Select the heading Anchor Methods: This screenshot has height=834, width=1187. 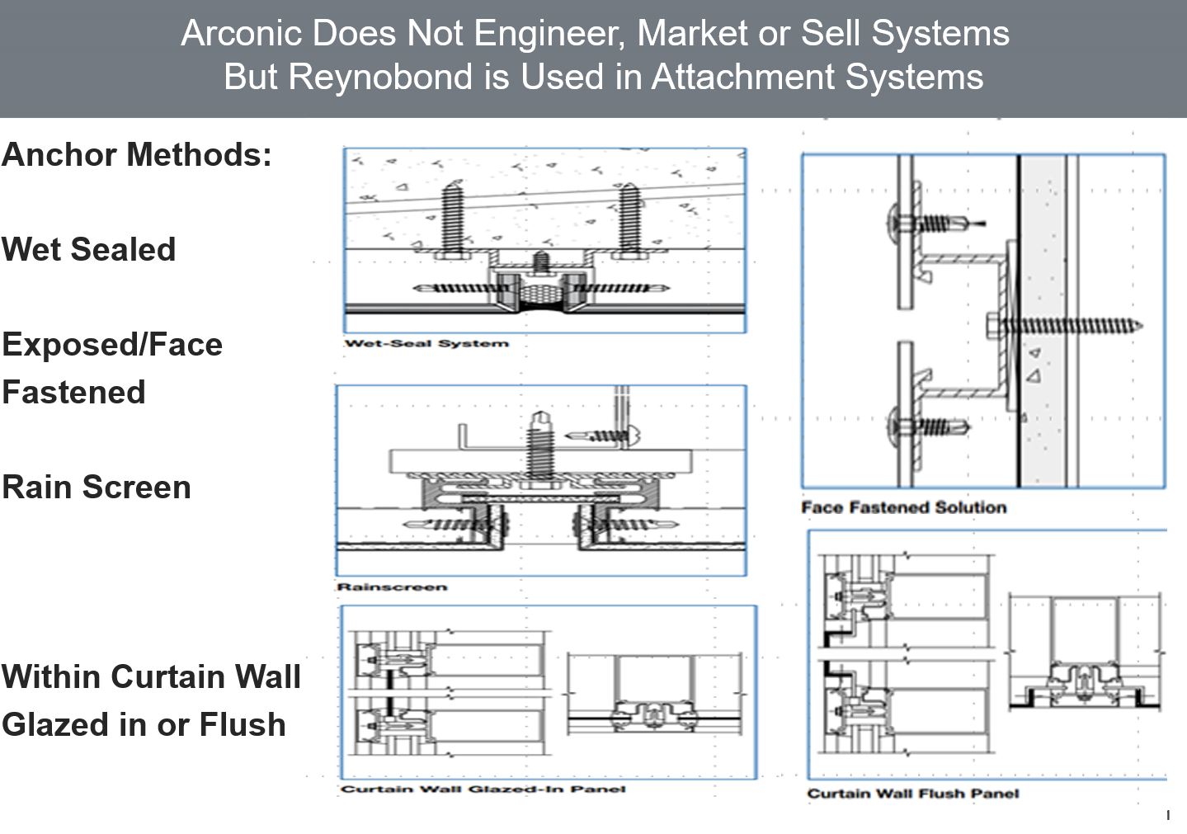[137, 155]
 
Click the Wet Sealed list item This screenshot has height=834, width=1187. [89, 249]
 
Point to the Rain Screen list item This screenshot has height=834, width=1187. [97, 487]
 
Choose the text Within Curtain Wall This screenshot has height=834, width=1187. [151, 676]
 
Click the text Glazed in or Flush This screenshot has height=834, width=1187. [144, 724]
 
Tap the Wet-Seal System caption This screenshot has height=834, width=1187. [426, 343]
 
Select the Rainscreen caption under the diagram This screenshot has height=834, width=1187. [392, 587]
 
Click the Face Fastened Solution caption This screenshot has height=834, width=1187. [904, 507]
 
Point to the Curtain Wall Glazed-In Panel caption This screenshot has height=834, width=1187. [483, 789]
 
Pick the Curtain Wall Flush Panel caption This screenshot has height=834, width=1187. [913, 794]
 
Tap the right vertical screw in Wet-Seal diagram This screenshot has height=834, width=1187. [629, 217]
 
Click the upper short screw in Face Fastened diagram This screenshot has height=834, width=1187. [933, 223]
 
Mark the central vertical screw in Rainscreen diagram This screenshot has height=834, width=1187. [539, 445]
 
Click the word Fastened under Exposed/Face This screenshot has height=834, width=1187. [73, 392]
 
